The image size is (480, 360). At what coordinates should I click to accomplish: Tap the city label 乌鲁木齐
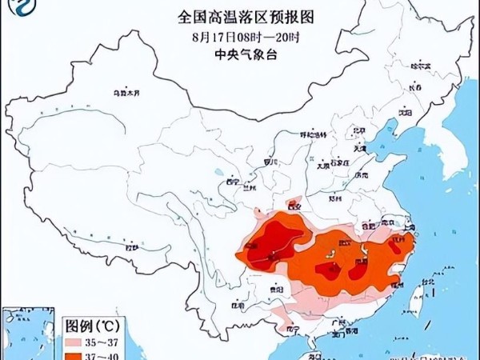point(125,94)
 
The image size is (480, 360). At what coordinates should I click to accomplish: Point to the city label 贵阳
point(276,289)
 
